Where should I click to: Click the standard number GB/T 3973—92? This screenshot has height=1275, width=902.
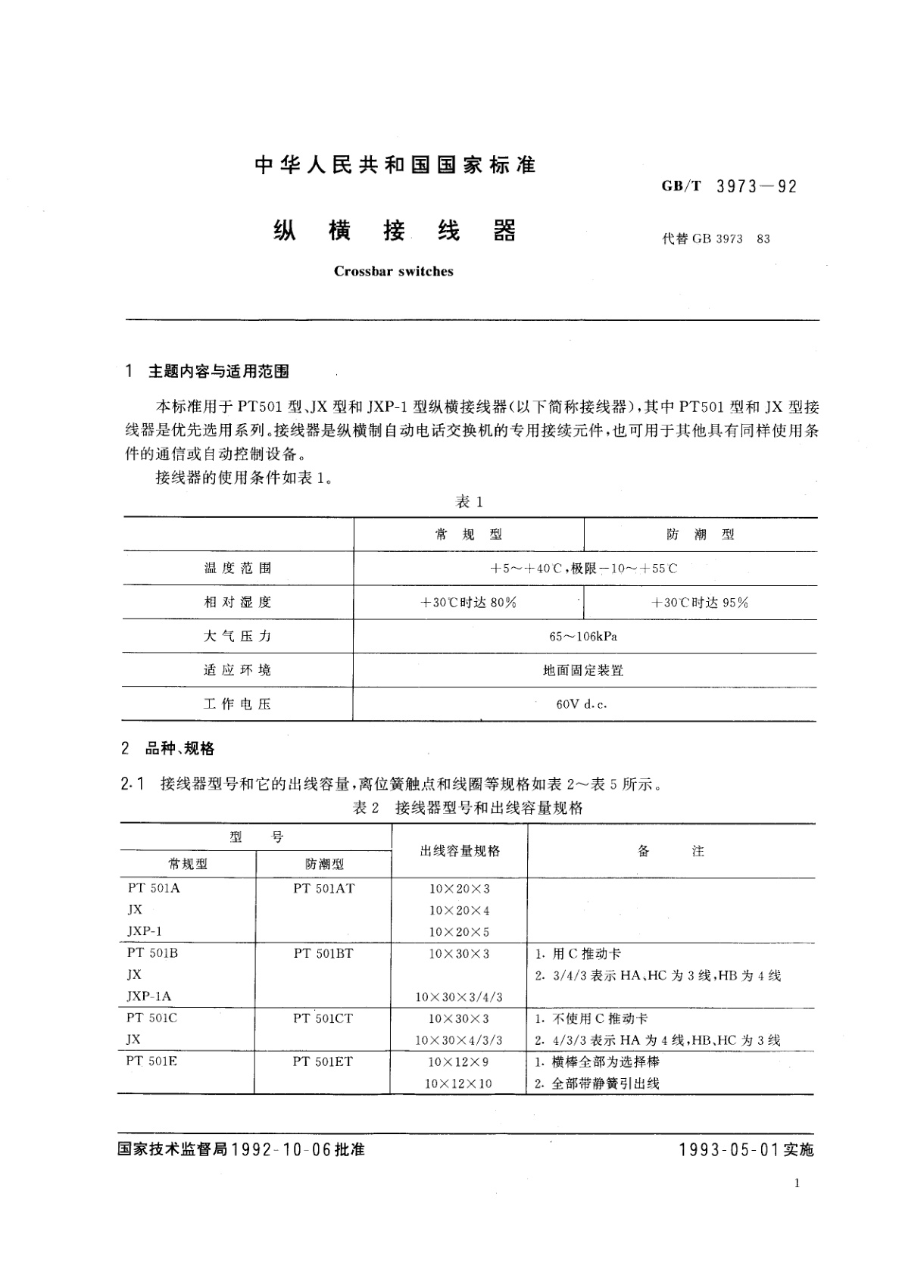click(x=729, y=186)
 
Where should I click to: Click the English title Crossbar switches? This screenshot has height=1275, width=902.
click(x=393, y=271)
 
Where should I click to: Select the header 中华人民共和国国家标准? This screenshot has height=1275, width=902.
click(x=395, y=164)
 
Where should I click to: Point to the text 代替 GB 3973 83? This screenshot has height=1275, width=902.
click(x=716, y=239)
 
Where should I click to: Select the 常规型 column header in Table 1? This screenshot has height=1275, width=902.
click(x=469, y=535)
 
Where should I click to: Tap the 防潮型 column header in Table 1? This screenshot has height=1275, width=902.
click(x=701, y=535)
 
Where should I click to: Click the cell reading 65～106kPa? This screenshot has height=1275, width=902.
click(x=583, y=637)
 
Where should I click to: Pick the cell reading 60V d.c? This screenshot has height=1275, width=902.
click(x=582, y=704)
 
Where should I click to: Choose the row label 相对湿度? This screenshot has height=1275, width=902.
click(x=237, y=603)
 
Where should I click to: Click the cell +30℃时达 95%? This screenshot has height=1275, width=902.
click(x=700, y=603)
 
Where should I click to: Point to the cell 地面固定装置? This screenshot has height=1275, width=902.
click(x=583, y=670)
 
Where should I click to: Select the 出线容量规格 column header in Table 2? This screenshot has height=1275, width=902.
click(x=460, y=851)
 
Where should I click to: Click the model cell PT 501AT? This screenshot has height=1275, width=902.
click(x=323, y=889)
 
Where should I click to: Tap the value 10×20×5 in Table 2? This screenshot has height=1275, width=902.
click(x=459, y=932)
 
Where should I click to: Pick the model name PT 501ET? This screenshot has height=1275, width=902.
click(x=323, y=1061)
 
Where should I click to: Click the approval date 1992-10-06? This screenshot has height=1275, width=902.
click(x=282, y=1149)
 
